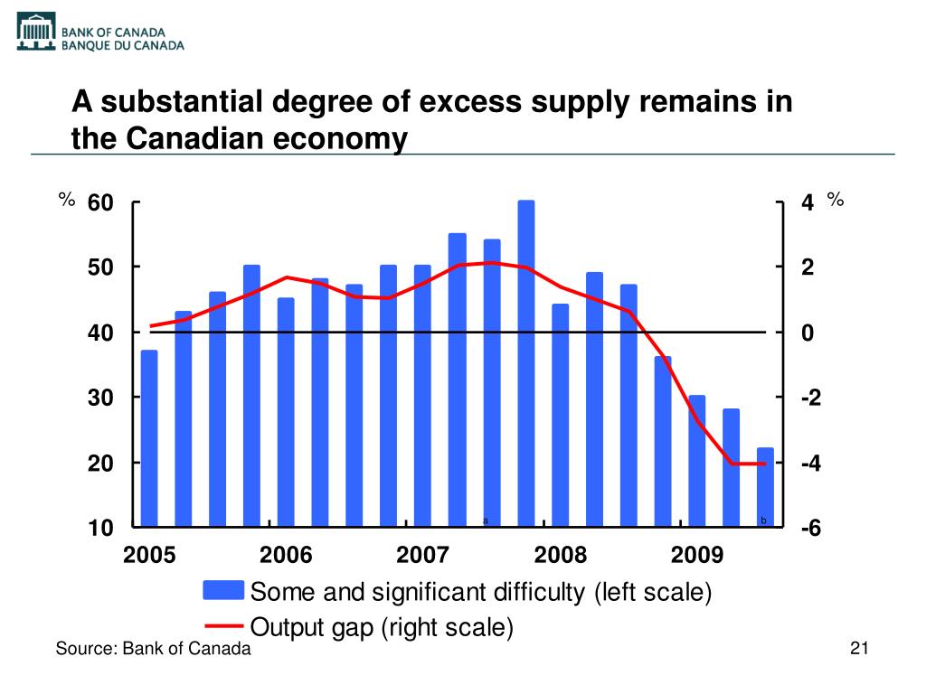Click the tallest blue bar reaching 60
526,361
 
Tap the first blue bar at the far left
149,437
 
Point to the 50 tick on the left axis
100,267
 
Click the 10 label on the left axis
100,528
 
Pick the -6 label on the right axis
810,529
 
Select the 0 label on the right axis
808,333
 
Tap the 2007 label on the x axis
423,554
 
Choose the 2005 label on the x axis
149,554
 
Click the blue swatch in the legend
223,591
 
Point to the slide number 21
859,648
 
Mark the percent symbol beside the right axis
836,200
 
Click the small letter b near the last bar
764,520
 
